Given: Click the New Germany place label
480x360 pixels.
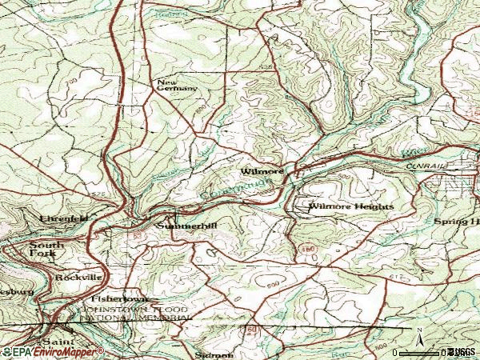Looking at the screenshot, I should point(176,86).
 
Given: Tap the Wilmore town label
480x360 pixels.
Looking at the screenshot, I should point(262,171).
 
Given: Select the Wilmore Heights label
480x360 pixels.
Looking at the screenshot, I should point(350,206).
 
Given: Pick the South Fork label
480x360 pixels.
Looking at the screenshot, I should point(44,249).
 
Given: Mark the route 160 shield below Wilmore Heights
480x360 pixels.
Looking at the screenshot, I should point(308,250).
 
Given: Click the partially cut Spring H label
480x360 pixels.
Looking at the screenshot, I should point(457,220).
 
